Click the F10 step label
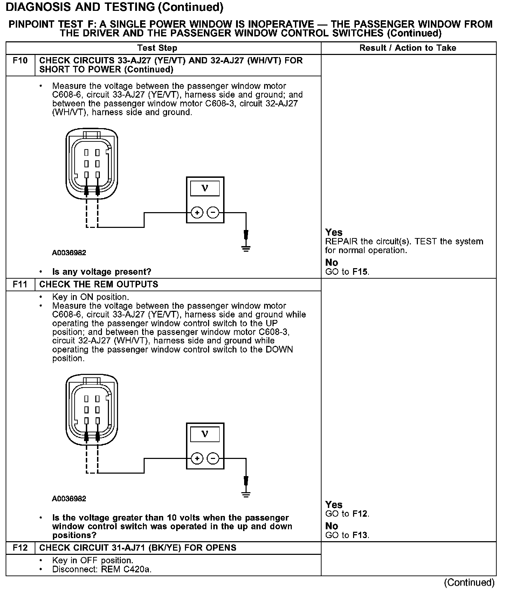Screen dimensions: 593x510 (x=20, y=61)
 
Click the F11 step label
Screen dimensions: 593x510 (x=20, y=284)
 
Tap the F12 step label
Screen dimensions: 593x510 (x=20, y=548)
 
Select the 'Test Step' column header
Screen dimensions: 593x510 (x=157, y=48)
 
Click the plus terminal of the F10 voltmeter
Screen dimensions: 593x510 (x=197, y=212)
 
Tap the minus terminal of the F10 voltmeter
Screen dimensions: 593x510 (x=213, y=212)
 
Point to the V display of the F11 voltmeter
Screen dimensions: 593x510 (x=205, y=434)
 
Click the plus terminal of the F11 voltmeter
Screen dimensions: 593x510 (x=197, y=459)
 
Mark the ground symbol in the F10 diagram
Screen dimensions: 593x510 (x=246, y=249)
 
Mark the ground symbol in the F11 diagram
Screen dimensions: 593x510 (x=246, y=495)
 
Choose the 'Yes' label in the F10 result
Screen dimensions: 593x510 (x=334, y=232)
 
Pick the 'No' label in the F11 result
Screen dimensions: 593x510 (x=331, y=526)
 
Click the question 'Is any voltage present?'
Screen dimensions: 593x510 (x=102, y=272)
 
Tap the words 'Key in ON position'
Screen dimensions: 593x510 (x=90, y=297)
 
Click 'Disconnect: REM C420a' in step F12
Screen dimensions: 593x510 (x=102, y=570)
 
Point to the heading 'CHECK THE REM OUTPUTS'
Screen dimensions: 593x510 (x=99, y=284)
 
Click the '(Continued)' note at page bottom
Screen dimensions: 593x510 (x=469, y=582)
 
